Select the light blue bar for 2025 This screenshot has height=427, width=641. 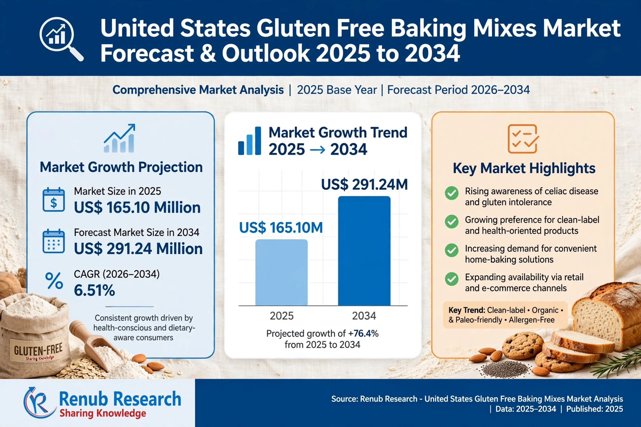tap(281, 272)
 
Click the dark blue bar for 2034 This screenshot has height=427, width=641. tap(364, 251)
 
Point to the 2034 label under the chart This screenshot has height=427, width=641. tap(364, 316)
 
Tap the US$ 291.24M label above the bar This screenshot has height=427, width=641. tap(364, 184)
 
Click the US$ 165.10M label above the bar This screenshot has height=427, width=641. tap(281, 228)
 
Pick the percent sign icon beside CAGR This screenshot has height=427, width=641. tap(54, 281)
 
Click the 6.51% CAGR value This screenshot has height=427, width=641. tap(94, 290)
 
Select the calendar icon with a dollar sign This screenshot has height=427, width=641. tap(54, 199)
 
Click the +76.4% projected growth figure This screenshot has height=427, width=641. tap(363, 334)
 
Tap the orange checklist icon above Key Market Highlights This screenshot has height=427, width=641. tap(523, 139)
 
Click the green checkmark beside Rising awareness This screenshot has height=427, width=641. tap(452, 193)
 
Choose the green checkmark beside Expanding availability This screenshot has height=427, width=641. tap(452, 279)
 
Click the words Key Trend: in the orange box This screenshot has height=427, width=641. tap(466, 310)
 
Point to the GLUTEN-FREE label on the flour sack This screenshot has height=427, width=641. tap(38, 350)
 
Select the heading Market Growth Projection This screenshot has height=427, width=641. tap(121, 167)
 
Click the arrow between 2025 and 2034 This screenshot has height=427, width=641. tap(317, 150)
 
